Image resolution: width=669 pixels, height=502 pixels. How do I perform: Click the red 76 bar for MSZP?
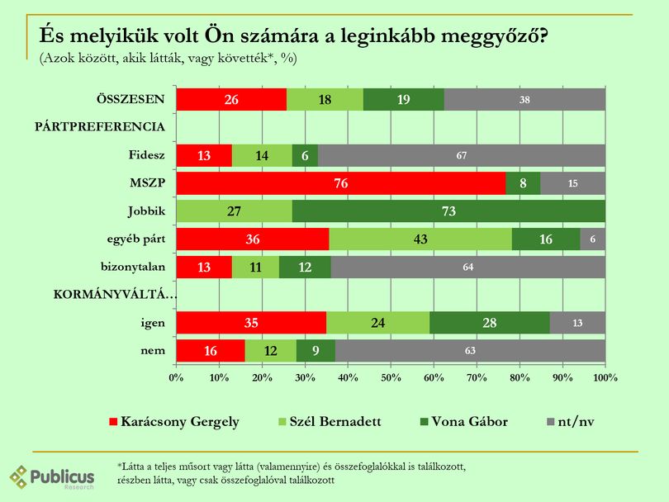click(341, 183)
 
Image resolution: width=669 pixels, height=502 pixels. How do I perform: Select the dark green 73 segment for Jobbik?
click(448, 211)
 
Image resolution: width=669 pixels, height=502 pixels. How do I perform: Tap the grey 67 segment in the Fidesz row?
click(462, 155)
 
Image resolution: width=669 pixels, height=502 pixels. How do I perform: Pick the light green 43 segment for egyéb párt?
click(420, 239)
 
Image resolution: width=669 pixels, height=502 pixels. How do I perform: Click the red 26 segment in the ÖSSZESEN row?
click(232, 99)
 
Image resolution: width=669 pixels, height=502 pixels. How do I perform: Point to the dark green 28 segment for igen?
click(490, 323)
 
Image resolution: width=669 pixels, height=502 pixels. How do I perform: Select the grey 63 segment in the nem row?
click(470, 351)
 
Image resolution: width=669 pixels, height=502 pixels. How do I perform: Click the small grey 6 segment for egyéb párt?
click(593, 239)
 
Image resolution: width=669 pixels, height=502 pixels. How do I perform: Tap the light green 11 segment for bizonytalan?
click(255, 267)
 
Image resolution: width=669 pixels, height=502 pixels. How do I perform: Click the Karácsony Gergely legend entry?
click(174, 422)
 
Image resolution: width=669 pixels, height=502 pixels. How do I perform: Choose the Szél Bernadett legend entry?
click(330, 422)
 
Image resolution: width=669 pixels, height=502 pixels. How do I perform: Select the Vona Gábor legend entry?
click(464, 422)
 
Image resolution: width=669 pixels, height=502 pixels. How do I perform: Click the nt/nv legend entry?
click(571, 422)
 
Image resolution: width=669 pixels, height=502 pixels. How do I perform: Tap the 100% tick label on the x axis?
click(605, 377)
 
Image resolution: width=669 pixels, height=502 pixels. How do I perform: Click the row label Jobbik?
click(146, 211)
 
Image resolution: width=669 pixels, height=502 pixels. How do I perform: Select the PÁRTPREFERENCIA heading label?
click(100, 126)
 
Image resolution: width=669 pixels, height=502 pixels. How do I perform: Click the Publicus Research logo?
click(52, 477)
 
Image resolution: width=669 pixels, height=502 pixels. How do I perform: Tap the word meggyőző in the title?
click(495, 36)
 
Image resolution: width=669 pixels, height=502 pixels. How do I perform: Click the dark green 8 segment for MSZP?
click(523, 183)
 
